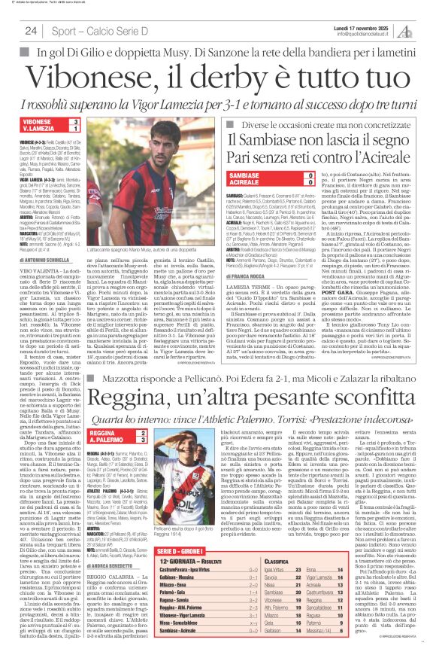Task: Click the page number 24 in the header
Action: (31, 31)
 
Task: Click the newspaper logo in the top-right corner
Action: (425, 30)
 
